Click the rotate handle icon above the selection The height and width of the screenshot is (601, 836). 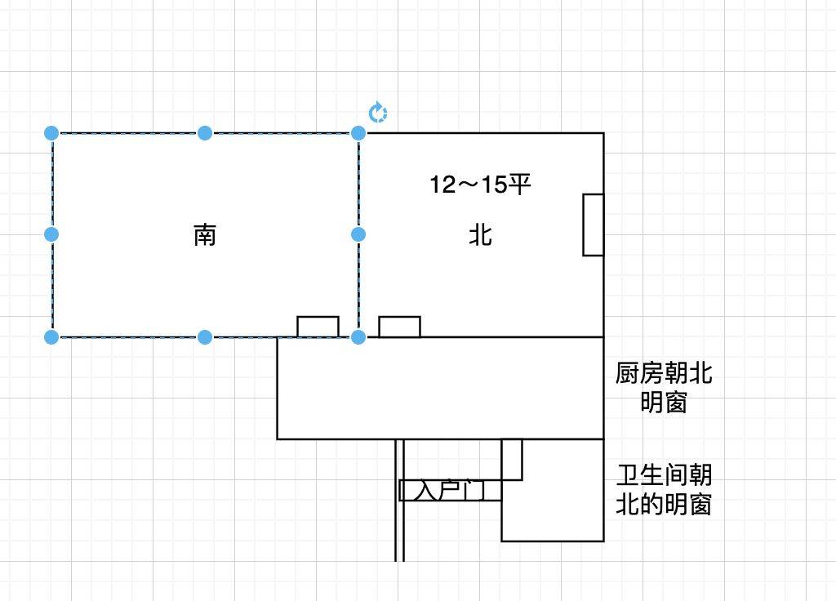(378, 113)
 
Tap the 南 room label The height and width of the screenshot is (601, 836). (205, 234)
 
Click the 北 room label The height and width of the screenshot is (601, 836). (480, 234)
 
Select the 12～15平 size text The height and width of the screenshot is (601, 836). (480, 185)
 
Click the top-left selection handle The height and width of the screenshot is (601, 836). (51, 133)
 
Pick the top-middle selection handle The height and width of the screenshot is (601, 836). (205, 133)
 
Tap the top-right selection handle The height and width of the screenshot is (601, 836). (358, 133)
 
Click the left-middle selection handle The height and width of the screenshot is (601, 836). (51, 234)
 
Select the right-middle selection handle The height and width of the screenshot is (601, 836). (358, 234)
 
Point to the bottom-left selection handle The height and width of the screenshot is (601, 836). (51, 337)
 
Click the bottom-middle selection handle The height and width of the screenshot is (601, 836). (205, 337)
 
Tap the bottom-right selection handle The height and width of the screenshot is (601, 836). (358, 337)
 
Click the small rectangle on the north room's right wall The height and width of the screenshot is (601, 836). (594, 225)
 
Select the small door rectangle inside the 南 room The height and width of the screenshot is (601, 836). (318, 327)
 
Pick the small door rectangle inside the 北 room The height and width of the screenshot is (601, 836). (399, 327)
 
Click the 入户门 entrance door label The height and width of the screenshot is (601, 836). (451, 490)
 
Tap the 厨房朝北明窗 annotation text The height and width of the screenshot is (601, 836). (664, 388)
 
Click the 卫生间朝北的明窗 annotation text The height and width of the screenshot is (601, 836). (664, 490)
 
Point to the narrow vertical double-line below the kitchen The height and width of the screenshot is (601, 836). (399, 501)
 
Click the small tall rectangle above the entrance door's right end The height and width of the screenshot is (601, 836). (512, 460)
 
